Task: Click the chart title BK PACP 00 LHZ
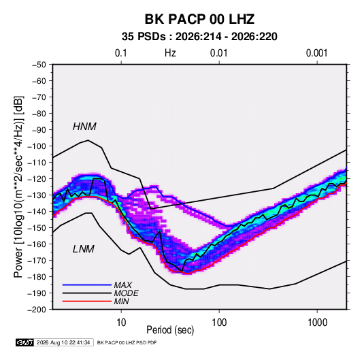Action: tap(199, 19)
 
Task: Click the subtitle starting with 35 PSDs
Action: tap(199, 37)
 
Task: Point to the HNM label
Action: tap(84, 127)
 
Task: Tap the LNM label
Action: tap(84, 249)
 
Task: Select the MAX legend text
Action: tap(123, 285)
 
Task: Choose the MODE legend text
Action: tap(127, 293)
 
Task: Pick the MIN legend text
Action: tap(121, 301)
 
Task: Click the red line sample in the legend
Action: tap(87, 301)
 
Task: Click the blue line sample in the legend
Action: tap(87, 285)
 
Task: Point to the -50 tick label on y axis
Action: tap(39, 65)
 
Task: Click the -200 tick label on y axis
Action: tap(37, 310)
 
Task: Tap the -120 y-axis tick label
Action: tap(37, 179)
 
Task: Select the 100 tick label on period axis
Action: tap(219, 323)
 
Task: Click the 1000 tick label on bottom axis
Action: tap(317, 323)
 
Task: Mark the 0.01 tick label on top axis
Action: tap(218, 53)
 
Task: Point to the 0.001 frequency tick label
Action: tap(316, 53)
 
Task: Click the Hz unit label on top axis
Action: tap(170, 53)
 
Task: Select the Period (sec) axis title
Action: tap(170, 330)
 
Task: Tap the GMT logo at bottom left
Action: tap(24, 342)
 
